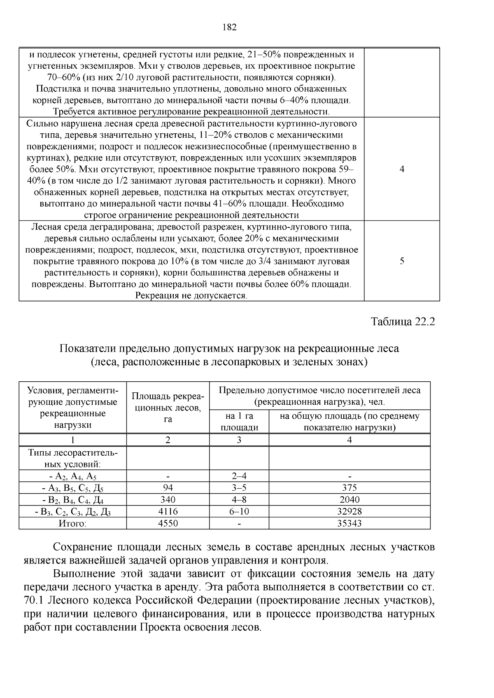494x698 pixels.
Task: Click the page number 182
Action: pyautogui.click(x=229, y=28)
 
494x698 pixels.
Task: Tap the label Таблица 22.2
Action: pyautogui.click(x=403, y=321)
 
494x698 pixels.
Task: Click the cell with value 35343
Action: pyautogui.click(x=350, y=523)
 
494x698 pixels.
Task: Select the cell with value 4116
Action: pyautogui.click(x=168, y=511)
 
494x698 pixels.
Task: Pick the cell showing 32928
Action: pyautogui.click(x=350, y=511)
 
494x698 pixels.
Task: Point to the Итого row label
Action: pyautogui.click(x=72, y=523)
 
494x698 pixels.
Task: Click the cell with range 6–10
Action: pyautogui.click(x=239, y=511)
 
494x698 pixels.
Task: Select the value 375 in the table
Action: pyautogui.click(x=350, y=488)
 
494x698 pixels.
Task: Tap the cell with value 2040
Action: pyautogui.click(x=350, y=499)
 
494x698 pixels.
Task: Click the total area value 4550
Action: pyautogui.click(x=168, y=523)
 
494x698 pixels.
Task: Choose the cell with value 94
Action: pyautogui.click(x=168, y=488)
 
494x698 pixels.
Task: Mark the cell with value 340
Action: pyautogui.click(x=168, y=499)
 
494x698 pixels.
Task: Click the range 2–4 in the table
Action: pyautogui.click(x=239, y=476)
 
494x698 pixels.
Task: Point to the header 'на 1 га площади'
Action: pyautogui.click(x=239, y=422)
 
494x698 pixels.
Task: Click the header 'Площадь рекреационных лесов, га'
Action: pyautogui.click(x=168, y=408)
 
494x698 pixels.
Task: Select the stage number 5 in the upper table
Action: pyautogui.click(x=402, y=261)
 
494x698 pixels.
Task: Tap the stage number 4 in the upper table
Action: pyautogui.click(x=402, y=169)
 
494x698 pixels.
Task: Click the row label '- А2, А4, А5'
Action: pyautogui.click(x=72, y=476)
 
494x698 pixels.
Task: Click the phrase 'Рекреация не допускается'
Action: pyautogui.click(x=192, y=295)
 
